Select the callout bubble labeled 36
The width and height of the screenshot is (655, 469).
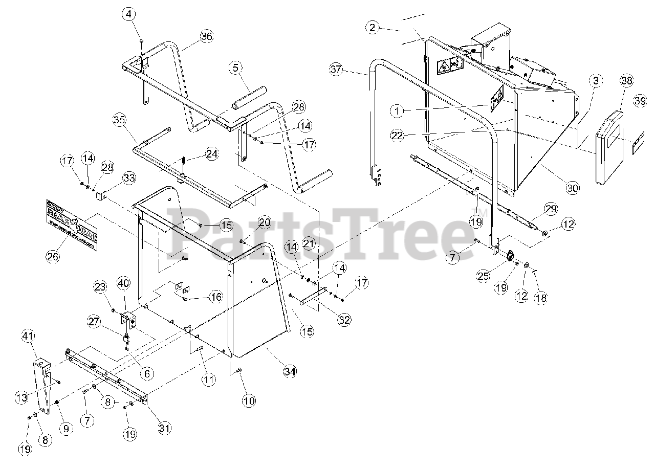[x=206, y=36]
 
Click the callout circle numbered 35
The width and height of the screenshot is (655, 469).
[x=119, y=121]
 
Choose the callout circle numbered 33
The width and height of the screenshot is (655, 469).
[x=129, y=178]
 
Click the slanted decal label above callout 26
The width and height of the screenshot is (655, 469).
[x=71, y=224]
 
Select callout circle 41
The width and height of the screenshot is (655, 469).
[x=27, y=336]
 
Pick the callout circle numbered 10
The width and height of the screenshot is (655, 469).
[x=249, y=400]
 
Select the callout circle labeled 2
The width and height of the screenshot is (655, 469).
[x=373, y=28]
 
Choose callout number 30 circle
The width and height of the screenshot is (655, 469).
[x=573, y=188]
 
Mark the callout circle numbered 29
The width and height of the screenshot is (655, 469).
[x=550, y=209]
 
